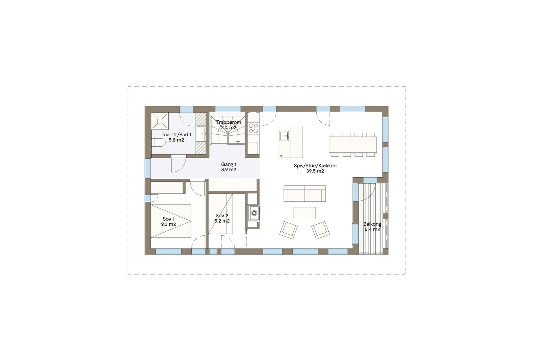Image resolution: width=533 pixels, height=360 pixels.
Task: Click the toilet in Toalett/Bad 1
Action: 159,143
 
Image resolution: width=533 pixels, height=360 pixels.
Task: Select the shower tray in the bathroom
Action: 160,121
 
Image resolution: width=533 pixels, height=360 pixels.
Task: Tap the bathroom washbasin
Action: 201,133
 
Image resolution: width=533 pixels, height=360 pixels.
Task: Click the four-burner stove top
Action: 253,128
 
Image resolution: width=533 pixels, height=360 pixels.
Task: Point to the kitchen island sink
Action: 284,136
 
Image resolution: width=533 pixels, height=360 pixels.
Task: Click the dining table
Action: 353,144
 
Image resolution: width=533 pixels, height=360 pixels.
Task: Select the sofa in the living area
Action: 304,194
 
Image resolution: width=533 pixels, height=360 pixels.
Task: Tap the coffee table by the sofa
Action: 304,213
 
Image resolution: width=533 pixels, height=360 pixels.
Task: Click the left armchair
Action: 288,230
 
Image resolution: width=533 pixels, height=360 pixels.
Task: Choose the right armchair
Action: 320,230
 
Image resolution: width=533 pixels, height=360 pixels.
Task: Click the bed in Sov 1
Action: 171,221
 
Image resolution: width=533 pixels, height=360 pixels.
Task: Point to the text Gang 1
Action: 229,164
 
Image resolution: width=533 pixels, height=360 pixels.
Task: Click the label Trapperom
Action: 229,122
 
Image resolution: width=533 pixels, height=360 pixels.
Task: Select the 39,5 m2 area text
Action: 315,171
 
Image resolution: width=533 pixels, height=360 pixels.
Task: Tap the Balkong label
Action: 372,224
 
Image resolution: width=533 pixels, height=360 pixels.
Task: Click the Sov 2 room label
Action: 222,216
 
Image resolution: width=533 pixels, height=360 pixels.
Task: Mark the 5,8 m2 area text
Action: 176,140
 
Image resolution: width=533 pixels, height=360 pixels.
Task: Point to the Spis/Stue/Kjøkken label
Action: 315,166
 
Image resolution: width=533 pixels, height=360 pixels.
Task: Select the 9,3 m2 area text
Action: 169,224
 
